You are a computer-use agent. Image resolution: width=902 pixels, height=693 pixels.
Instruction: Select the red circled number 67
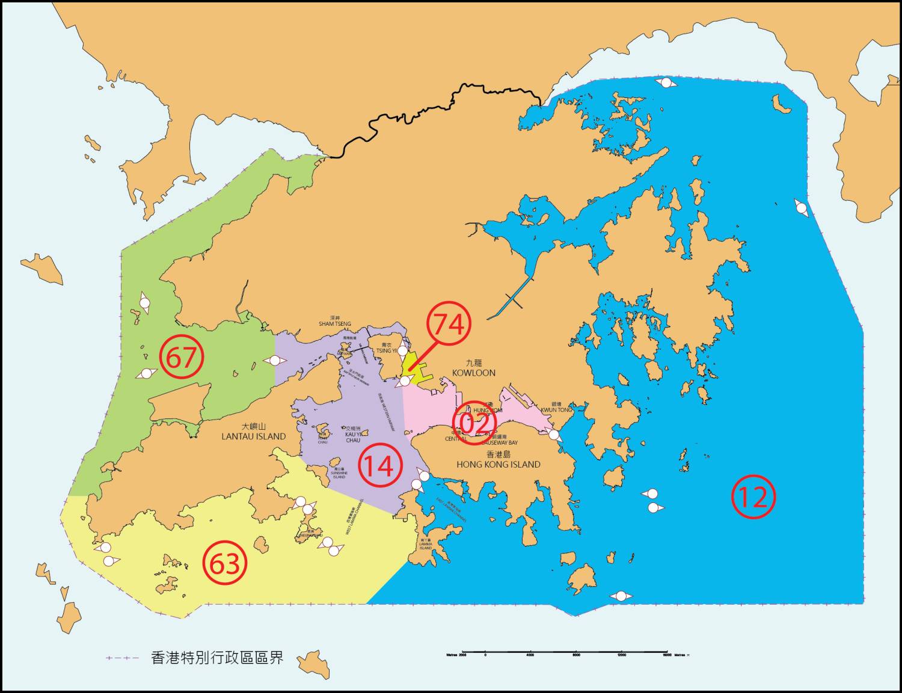tap(182, 357)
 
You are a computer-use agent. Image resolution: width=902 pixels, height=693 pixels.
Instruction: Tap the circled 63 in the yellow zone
tap(225, 563)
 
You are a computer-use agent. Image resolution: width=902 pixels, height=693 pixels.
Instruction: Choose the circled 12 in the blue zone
tap(753, 497)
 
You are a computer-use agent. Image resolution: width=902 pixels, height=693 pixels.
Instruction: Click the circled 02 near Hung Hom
tap(474, 423)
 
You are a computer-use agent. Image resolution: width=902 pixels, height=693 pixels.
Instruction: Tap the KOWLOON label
tap(474, 373)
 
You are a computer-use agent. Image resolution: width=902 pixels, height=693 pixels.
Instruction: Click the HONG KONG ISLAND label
tap(498, 464)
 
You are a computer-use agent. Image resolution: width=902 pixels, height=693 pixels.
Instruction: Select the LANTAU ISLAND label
tap(253, 436)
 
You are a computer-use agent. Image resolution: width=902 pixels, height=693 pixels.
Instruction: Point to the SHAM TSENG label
tap(335, 324)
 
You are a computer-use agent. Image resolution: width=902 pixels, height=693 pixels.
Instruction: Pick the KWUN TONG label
tap(556, 410)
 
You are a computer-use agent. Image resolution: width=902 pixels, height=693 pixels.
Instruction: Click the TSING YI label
tap(386, 350)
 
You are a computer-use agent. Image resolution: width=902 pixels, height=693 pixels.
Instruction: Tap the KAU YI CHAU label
tap(353, 437)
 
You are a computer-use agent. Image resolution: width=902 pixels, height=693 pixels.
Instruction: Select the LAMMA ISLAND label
tap(426, 546)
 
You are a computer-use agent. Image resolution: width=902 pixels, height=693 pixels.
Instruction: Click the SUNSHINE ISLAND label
tap(339, 475)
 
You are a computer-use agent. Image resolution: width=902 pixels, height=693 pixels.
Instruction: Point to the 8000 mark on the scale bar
tap(576, 655)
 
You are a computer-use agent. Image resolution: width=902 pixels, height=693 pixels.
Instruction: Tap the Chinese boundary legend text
tap(216, 658)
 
